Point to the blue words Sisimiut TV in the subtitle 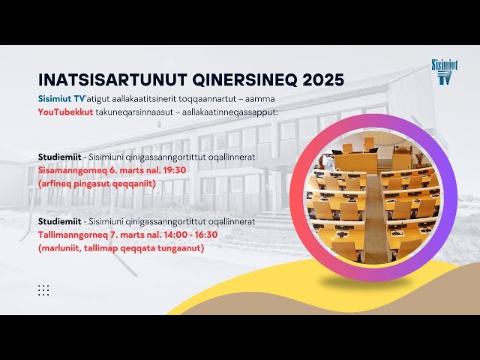click(62, 100)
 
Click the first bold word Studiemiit click(60, 157)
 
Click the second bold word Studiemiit click(60, 221)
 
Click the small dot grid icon click(43, 289)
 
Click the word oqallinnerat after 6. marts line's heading click(233, 157)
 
